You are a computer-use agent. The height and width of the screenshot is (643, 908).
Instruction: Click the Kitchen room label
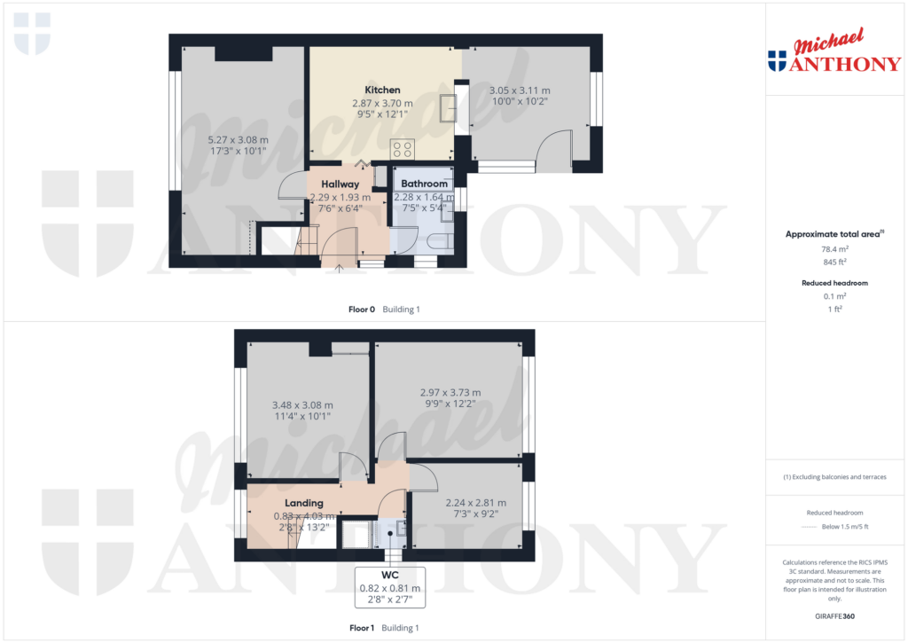(x=382, y=90)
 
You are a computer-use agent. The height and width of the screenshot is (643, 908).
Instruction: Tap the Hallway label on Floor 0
(x=340, y=184)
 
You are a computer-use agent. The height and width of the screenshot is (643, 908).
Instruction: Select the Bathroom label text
(x=424, y=184)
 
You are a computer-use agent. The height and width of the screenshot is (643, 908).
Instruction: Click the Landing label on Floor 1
(x=303, y=503)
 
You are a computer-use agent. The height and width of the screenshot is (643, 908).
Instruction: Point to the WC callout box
(x=390, y=587)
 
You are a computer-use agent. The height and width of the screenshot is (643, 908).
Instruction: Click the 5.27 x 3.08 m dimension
(x=238, y=140)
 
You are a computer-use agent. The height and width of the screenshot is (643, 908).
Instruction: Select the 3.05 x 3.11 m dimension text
(x=520, y=90)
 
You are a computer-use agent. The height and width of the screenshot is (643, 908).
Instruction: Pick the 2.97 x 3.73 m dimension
(x=450, y=392)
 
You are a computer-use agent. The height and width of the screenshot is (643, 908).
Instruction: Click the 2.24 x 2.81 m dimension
(x=475, y=502)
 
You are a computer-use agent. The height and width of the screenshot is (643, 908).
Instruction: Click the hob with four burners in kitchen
(x=403, y=149)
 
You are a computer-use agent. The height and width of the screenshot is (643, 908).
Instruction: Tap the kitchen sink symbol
(x=448, y=108)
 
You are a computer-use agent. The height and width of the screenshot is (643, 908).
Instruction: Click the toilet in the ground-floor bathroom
(x=436, y=241)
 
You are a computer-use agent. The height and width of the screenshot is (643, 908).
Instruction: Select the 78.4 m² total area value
(x=834, y=249)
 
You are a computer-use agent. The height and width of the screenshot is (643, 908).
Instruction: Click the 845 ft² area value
(x=834, y=262)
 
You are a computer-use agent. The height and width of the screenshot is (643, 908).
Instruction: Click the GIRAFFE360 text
(x=834, y=616)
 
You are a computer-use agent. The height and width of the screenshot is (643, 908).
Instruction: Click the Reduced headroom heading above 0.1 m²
(x=834, y=283)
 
